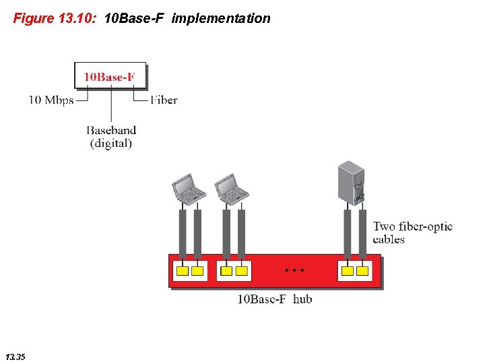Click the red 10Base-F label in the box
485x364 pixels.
pyautogui.click(x=109, y=77)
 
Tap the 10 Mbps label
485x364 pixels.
pyautogui.click(x=51, y=100)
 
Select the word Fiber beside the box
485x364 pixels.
pyautogui.click(x=164, y=100)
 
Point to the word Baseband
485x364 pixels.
pyautogui.click(x=111, y=130)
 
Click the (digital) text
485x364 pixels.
pyautogui.click(x=111, y=144)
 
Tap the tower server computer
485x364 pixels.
pyautogui.click(x=352, y=183)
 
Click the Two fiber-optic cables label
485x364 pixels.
pyautogui.click(x=412, y=233)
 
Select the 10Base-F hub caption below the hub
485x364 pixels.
pyautogui.click(x=275, y=299)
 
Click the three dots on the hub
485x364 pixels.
pyautogui.click(x=294, y=270)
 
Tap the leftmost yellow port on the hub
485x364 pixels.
pyautogui.click(x=182, y=271)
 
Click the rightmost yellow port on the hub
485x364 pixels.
pyautogui.click(x=362, y=271)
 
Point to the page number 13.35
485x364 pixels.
pyautogui.click(x=15, y=356)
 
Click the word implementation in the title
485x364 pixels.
pyautogui.click(x=221, y=18)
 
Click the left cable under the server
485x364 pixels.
pyautogui.click(x=347, y=233)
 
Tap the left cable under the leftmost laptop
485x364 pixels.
pyautogui.click(x=182, y=233)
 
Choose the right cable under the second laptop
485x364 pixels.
pyautogui.click(x=241, y=233)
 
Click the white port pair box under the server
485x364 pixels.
pyautogui.click(x=354, y=271)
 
